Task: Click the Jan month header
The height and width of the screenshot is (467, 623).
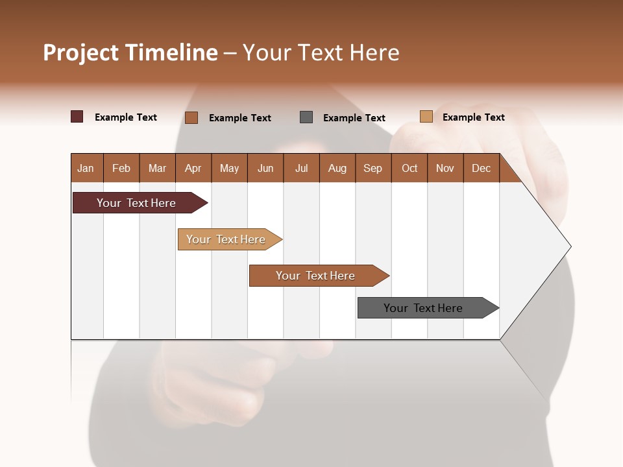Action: [x=86, y=168]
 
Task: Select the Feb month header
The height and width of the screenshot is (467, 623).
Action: [x=121, y=168]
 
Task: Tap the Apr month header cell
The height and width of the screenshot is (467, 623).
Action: [x=193, y=168]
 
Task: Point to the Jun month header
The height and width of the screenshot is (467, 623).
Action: [x=265, y=168]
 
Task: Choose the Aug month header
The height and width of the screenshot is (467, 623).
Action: [x=337, y=168]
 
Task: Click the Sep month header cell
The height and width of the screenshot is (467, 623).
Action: [x=373, y=168]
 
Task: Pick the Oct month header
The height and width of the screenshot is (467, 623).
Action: [x=409, y=168]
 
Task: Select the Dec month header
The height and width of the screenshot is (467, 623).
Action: [x=482, y=168]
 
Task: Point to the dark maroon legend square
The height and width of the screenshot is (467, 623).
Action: [x=77, y=117]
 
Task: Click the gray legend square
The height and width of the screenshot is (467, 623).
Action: [x=306, y=117]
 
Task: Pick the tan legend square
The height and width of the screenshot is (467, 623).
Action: [x=426, y=117]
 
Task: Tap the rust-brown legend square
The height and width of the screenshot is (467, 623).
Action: [x=191, y=117]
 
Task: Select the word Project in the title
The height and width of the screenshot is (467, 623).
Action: [x=81, y=53]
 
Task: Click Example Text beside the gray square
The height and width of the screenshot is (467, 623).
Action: [x=354, y=118]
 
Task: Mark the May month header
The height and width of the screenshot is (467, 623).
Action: [x=229, y=168]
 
